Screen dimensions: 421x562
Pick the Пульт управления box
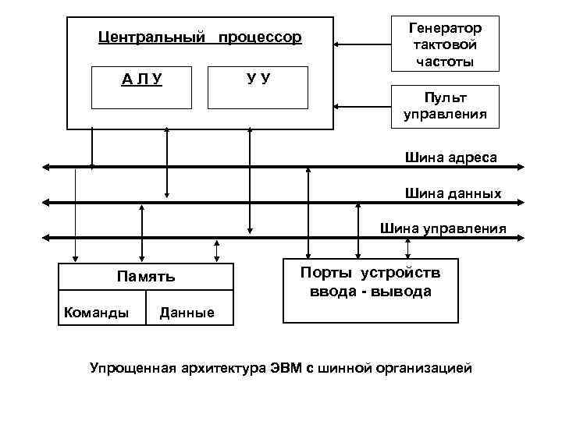point(444,106)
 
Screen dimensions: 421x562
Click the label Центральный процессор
point(200,37)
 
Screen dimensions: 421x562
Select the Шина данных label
point(453,193)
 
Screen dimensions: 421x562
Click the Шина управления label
point(443,228)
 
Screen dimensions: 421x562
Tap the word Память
point(146,276)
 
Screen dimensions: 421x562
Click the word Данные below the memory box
point(187,313)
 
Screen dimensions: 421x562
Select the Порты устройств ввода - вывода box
point(370,290)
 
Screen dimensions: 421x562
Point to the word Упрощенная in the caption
point(133,367)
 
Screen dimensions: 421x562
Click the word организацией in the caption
point(431,367)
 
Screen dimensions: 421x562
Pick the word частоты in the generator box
point(445,59)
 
